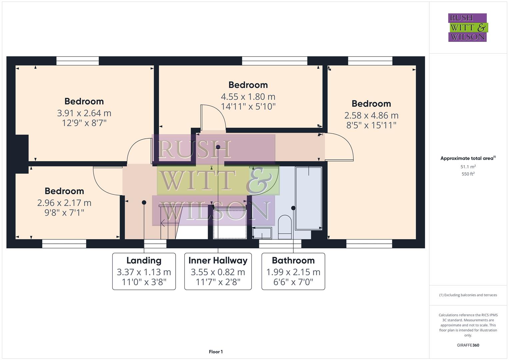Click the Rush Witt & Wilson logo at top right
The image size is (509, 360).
coord(467,27)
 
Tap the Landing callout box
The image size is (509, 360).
coord(144,271)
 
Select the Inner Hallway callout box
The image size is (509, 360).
coord(218,271)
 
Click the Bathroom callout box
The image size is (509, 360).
coord(293,271)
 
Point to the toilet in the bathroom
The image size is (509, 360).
coord(284,227)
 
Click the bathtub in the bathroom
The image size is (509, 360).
coord(308,198)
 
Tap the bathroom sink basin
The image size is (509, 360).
coord(262,233)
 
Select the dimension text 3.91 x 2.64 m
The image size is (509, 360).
coord(84,113)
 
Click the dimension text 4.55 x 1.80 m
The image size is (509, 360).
coord(248,97)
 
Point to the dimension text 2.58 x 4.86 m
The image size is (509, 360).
coord(371,115)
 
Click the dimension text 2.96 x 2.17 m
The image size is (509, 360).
coord(64,203)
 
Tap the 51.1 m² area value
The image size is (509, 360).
coord(468,167)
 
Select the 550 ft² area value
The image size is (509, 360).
coord(468,174)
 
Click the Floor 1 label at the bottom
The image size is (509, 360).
coord(216,352)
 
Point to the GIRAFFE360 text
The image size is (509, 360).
coord(468,345)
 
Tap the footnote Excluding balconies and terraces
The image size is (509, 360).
coord(468,295)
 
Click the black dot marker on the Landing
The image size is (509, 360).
coord(144,202)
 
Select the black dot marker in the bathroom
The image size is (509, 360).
coord(293,208)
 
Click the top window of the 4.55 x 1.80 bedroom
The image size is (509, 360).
coord(274,61)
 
